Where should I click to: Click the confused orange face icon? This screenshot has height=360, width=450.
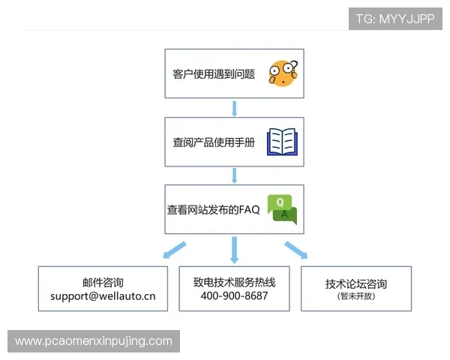pos(283,73)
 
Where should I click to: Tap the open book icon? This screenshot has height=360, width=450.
pos(283,141)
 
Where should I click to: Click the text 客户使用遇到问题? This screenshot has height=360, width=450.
pos(214,74)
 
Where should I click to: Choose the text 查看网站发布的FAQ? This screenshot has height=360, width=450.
pos(213,210)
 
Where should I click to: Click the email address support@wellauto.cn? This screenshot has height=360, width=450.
pos(103,296)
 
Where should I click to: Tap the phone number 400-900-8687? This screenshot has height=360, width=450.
pos(234,296)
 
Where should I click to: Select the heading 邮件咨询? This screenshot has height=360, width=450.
pos(103,283)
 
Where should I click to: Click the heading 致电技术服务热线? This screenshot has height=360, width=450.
pos(234,283)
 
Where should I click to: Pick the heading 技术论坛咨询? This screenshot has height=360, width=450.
pos(356,284)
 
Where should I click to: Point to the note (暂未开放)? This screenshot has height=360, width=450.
pos(356,296)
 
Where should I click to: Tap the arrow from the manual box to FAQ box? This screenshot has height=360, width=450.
pos(235,175)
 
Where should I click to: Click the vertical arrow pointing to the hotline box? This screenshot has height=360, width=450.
pos(235,248)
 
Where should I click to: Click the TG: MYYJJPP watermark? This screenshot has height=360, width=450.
pos(395,19)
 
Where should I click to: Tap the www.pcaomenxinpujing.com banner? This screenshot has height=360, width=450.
pos(93,341)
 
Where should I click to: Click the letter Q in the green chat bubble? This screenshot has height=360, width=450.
pos(279,202)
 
